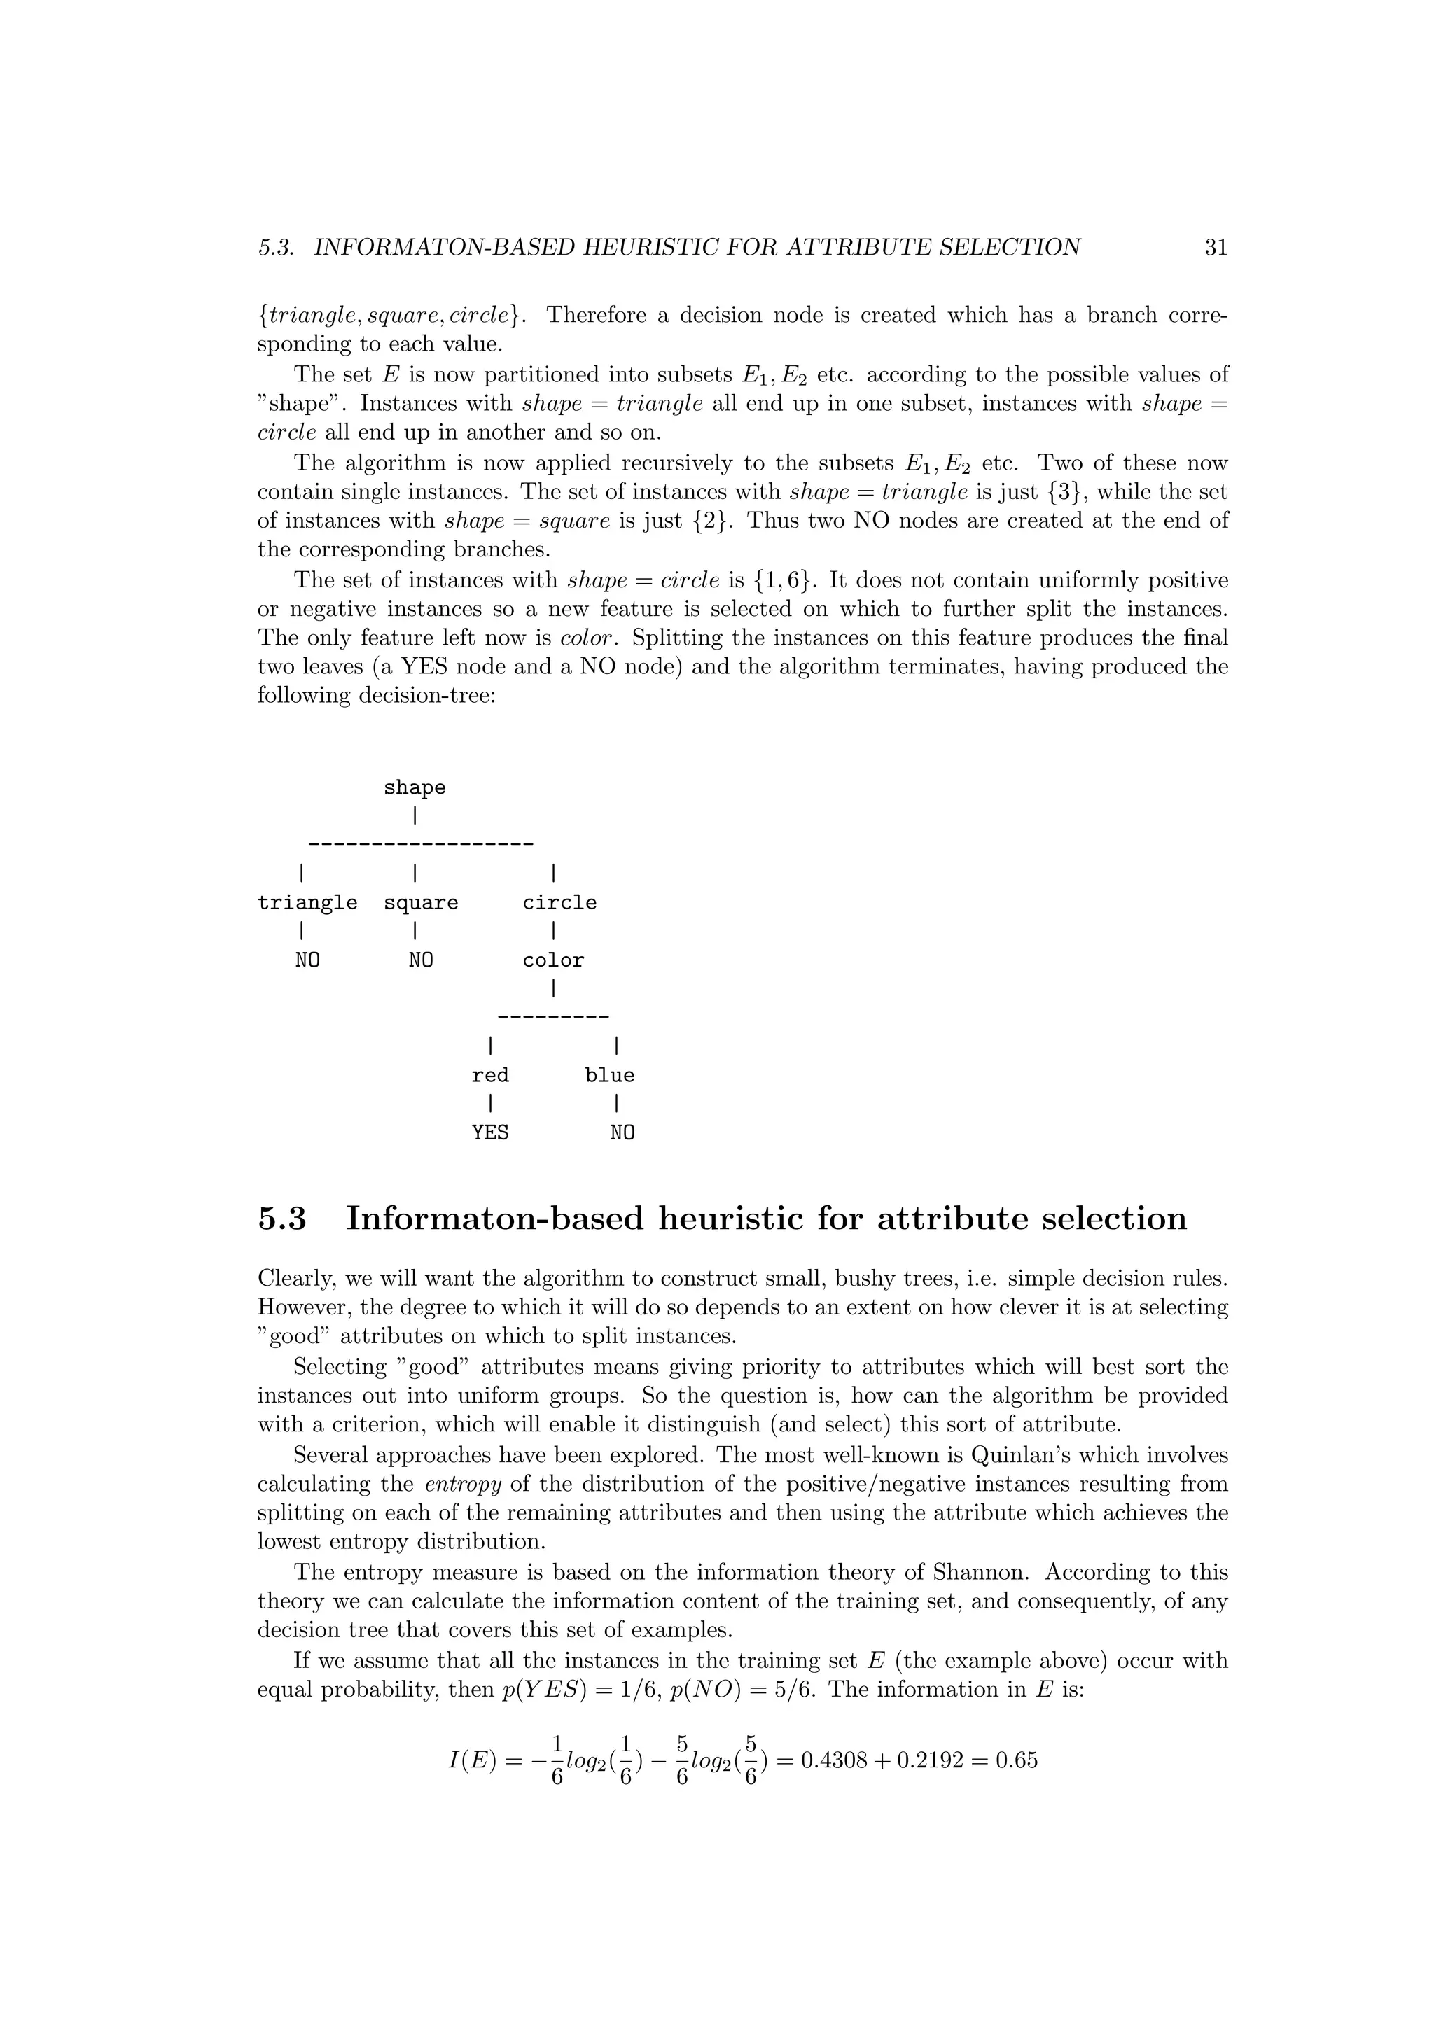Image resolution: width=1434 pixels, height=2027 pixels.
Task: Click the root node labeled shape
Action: [414, 787]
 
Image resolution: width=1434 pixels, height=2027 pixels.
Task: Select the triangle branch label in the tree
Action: [307, 902]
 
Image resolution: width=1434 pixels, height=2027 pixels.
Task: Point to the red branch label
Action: [490, 1075]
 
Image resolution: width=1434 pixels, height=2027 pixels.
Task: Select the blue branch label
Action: [609, 1075]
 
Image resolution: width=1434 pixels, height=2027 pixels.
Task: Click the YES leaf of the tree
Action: [490, 1132]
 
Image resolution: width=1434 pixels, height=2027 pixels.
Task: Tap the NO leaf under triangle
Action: [307, 960]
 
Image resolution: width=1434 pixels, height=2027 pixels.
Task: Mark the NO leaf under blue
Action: [622, 1132]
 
